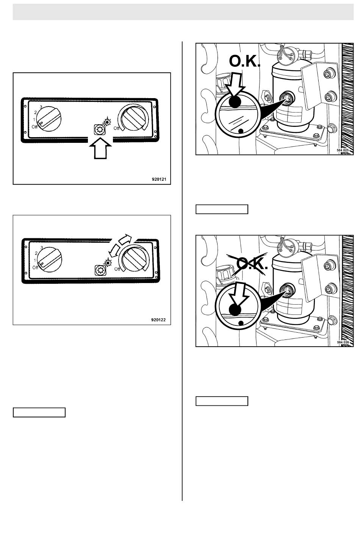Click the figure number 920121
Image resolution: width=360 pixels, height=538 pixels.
(159, 179)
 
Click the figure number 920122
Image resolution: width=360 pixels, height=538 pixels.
(158, 320)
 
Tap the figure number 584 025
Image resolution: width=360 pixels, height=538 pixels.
(343, 150)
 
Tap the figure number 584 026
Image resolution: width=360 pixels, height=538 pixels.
(343, 342)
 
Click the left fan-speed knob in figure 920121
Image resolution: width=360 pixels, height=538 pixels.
(49, 119)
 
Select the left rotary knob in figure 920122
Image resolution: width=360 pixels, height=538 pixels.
(50, 260)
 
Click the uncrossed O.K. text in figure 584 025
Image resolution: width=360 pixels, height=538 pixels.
(244, 61)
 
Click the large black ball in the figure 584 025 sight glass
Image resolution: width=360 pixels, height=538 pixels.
(235, 102)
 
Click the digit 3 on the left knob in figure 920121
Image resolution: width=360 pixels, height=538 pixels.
(41, 106)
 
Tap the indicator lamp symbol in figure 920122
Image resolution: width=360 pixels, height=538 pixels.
(108, 262)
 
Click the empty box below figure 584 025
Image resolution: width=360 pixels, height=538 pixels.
(222, 209)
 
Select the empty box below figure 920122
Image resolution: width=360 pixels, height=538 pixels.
(39, 412)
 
